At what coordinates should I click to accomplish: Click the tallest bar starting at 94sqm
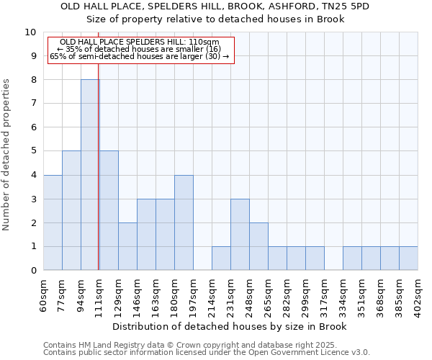coord(90,175)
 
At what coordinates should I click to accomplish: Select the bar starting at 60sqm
coord(53,222)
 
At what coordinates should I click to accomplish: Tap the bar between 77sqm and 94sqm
coord(71,210)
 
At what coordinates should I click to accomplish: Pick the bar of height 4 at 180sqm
coord(184,222)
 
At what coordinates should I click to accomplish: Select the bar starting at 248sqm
coord(258,246)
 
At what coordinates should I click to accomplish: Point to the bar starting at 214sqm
coord(221,258)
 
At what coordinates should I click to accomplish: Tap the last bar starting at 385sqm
coord(408,258)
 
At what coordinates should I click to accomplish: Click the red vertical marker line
coord(98,180)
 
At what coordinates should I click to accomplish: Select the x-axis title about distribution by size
coord(230,327)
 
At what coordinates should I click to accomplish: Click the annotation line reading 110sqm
coord(140,42)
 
